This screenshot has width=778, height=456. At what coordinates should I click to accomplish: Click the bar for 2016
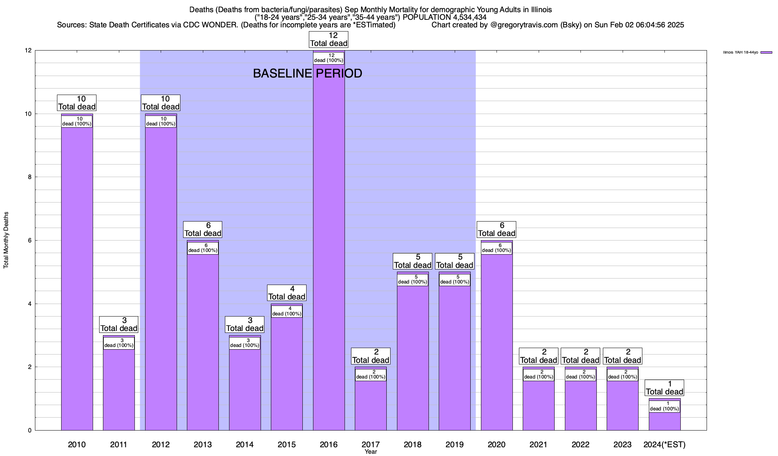(329, 247)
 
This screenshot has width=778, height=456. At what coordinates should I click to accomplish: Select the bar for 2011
(119, 388)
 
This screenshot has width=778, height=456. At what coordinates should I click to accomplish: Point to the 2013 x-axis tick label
(203, 444)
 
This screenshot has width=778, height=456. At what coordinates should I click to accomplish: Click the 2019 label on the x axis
(454, 444)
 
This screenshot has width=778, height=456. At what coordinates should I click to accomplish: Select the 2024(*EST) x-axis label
(664, 444)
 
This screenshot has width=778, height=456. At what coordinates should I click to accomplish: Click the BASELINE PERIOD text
(307, 73)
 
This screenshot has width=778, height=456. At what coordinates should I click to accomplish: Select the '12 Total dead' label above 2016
(329, 40)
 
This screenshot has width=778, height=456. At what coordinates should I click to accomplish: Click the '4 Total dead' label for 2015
(287, 293)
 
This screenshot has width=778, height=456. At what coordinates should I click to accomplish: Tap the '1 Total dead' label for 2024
(664, 388)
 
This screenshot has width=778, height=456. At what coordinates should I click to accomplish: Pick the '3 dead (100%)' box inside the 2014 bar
(245, 343)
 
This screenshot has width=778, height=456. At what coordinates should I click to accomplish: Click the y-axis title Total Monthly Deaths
(6, 240)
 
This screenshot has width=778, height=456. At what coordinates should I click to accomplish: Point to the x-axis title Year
(371, 452)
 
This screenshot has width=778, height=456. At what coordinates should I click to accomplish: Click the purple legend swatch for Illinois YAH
(766, 52)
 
